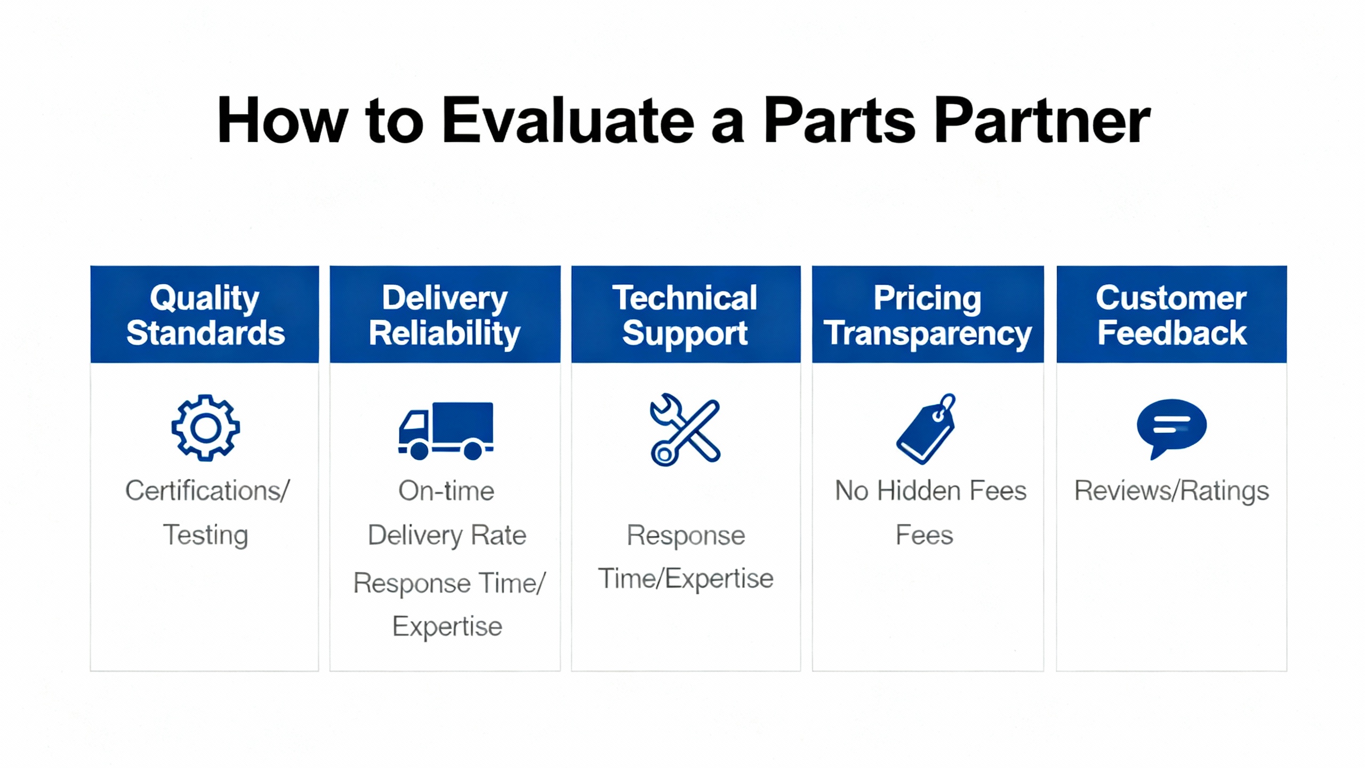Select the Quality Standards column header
pyautogui.click(x=205, y=314)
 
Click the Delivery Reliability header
pyautogui.click(x=445, y=314)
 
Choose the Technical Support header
pyautogui.click(x=686, y=314)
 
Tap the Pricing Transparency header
pyautogui.click(x=928, y=314)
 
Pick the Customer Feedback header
pyautogui.click(x=1171, y=314)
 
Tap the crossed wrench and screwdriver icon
pyautogui.click(x=685, y=430)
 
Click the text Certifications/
pyautogui.click(x=207, y=491)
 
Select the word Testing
pyautogui.click(x=205, y=535)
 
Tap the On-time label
pyautogui.click(x=446, y=491)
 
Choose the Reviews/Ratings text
pyautogui.click(x=1171, y=491)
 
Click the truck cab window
pyautogui.click(x=414, y=422)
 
